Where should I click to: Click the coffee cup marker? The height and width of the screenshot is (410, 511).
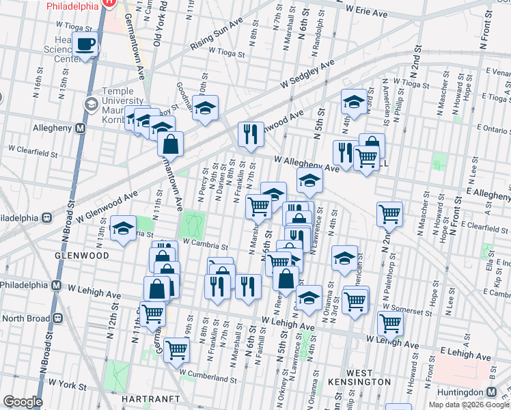click(85, 45)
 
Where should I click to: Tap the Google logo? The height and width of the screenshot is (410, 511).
click(23, 402)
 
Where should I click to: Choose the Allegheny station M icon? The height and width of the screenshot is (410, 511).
click(80, 128)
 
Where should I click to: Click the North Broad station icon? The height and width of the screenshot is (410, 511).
click(57, 317)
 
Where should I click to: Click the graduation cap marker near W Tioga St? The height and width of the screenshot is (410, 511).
click(354, 102)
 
